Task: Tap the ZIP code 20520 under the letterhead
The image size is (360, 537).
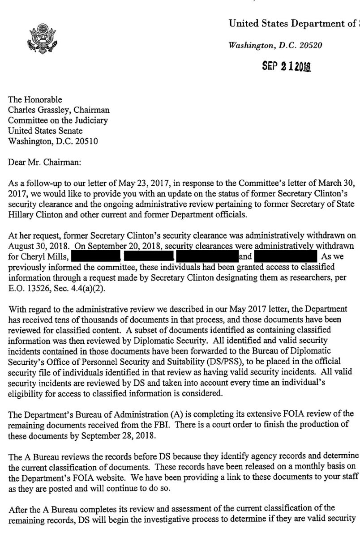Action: pyautogui.click(x=309, y=45)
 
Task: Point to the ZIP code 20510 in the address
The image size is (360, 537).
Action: pyautogui.click(x=82, y=141)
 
